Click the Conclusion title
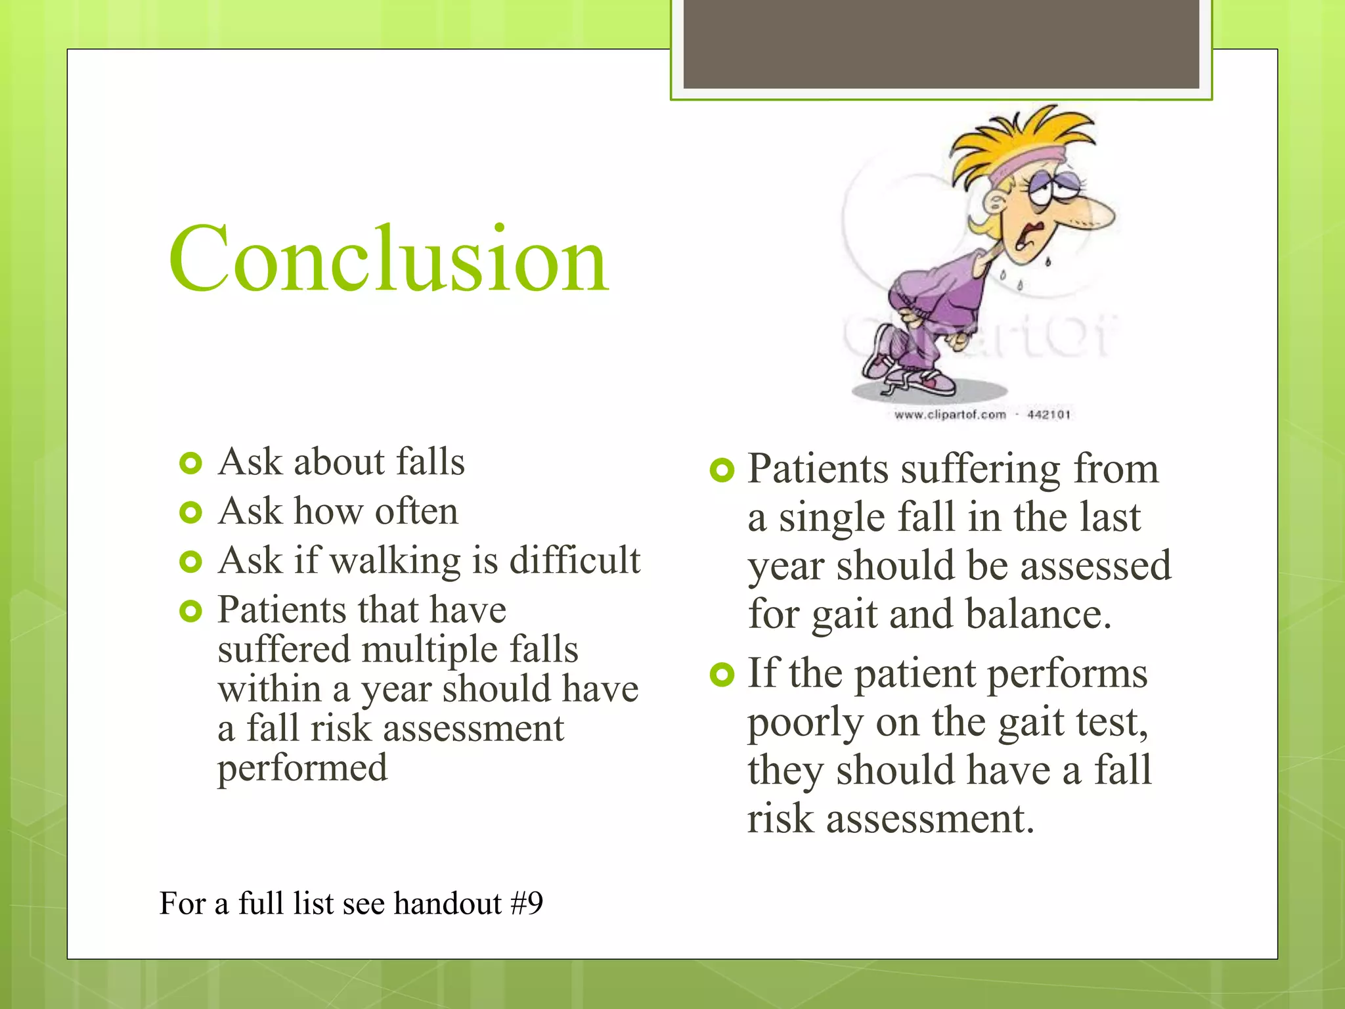pos(387,259)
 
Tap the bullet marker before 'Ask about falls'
pos(190,464)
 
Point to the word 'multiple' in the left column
pos(430,650)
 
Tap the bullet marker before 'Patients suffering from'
pos(721,470)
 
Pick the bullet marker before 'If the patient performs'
pos(721,675)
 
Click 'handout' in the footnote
pos(447,903)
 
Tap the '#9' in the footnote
pos(527,903)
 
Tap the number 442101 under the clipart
pos(1048,415)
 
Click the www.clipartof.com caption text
pos(950,415)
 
